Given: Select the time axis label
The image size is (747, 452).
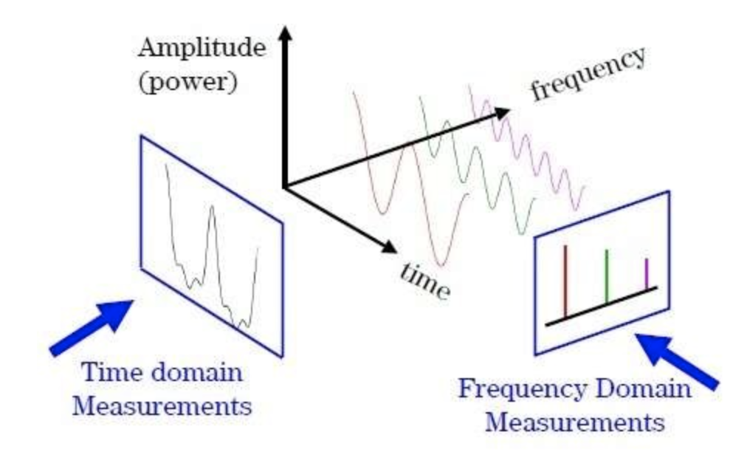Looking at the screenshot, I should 424,281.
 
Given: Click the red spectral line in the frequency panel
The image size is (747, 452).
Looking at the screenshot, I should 565,281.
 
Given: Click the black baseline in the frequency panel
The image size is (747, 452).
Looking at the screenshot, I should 600,306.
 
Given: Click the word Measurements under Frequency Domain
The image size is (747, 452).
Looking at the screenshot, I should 578,423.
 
